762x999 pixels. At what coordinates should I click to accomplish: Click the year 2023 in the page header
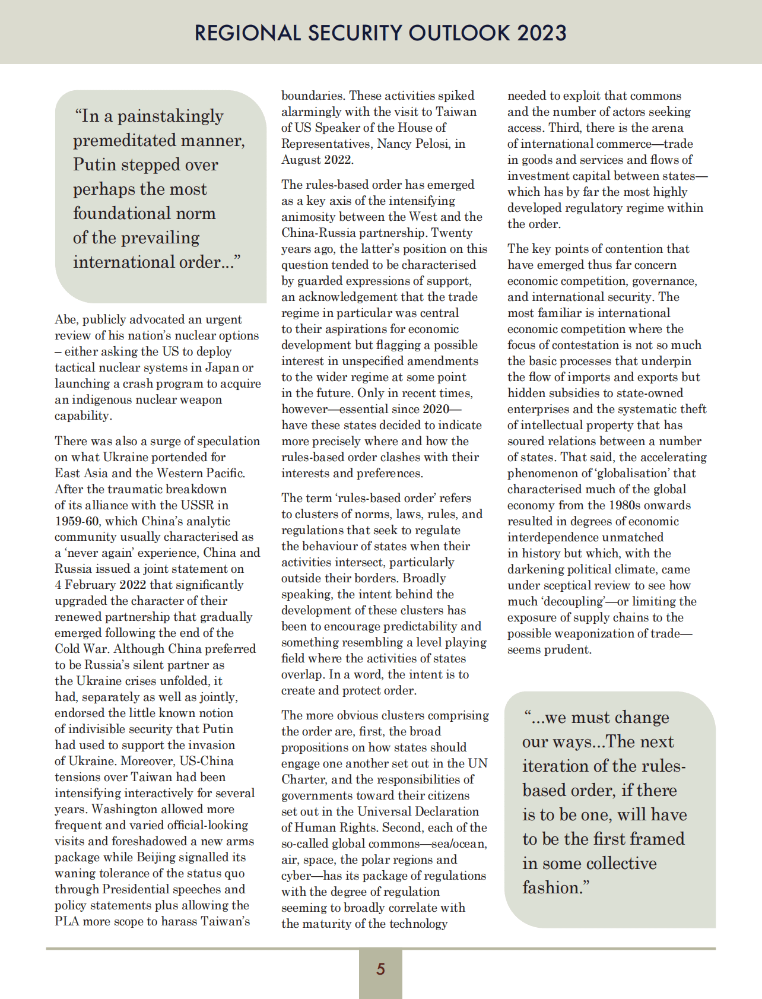(541, 33)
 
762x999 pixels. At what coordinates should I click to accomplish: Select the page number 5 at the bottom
(380, 969)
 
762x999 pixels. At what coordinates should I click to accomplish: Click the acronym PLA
(66, 921)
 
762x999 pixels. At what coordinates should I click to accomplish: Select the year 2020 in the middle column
(436, 409)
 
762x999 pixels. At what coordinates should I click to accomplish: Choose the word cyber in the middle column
(296, 876)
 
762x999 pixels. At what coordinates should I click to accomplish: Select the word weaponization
(600, 633)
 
